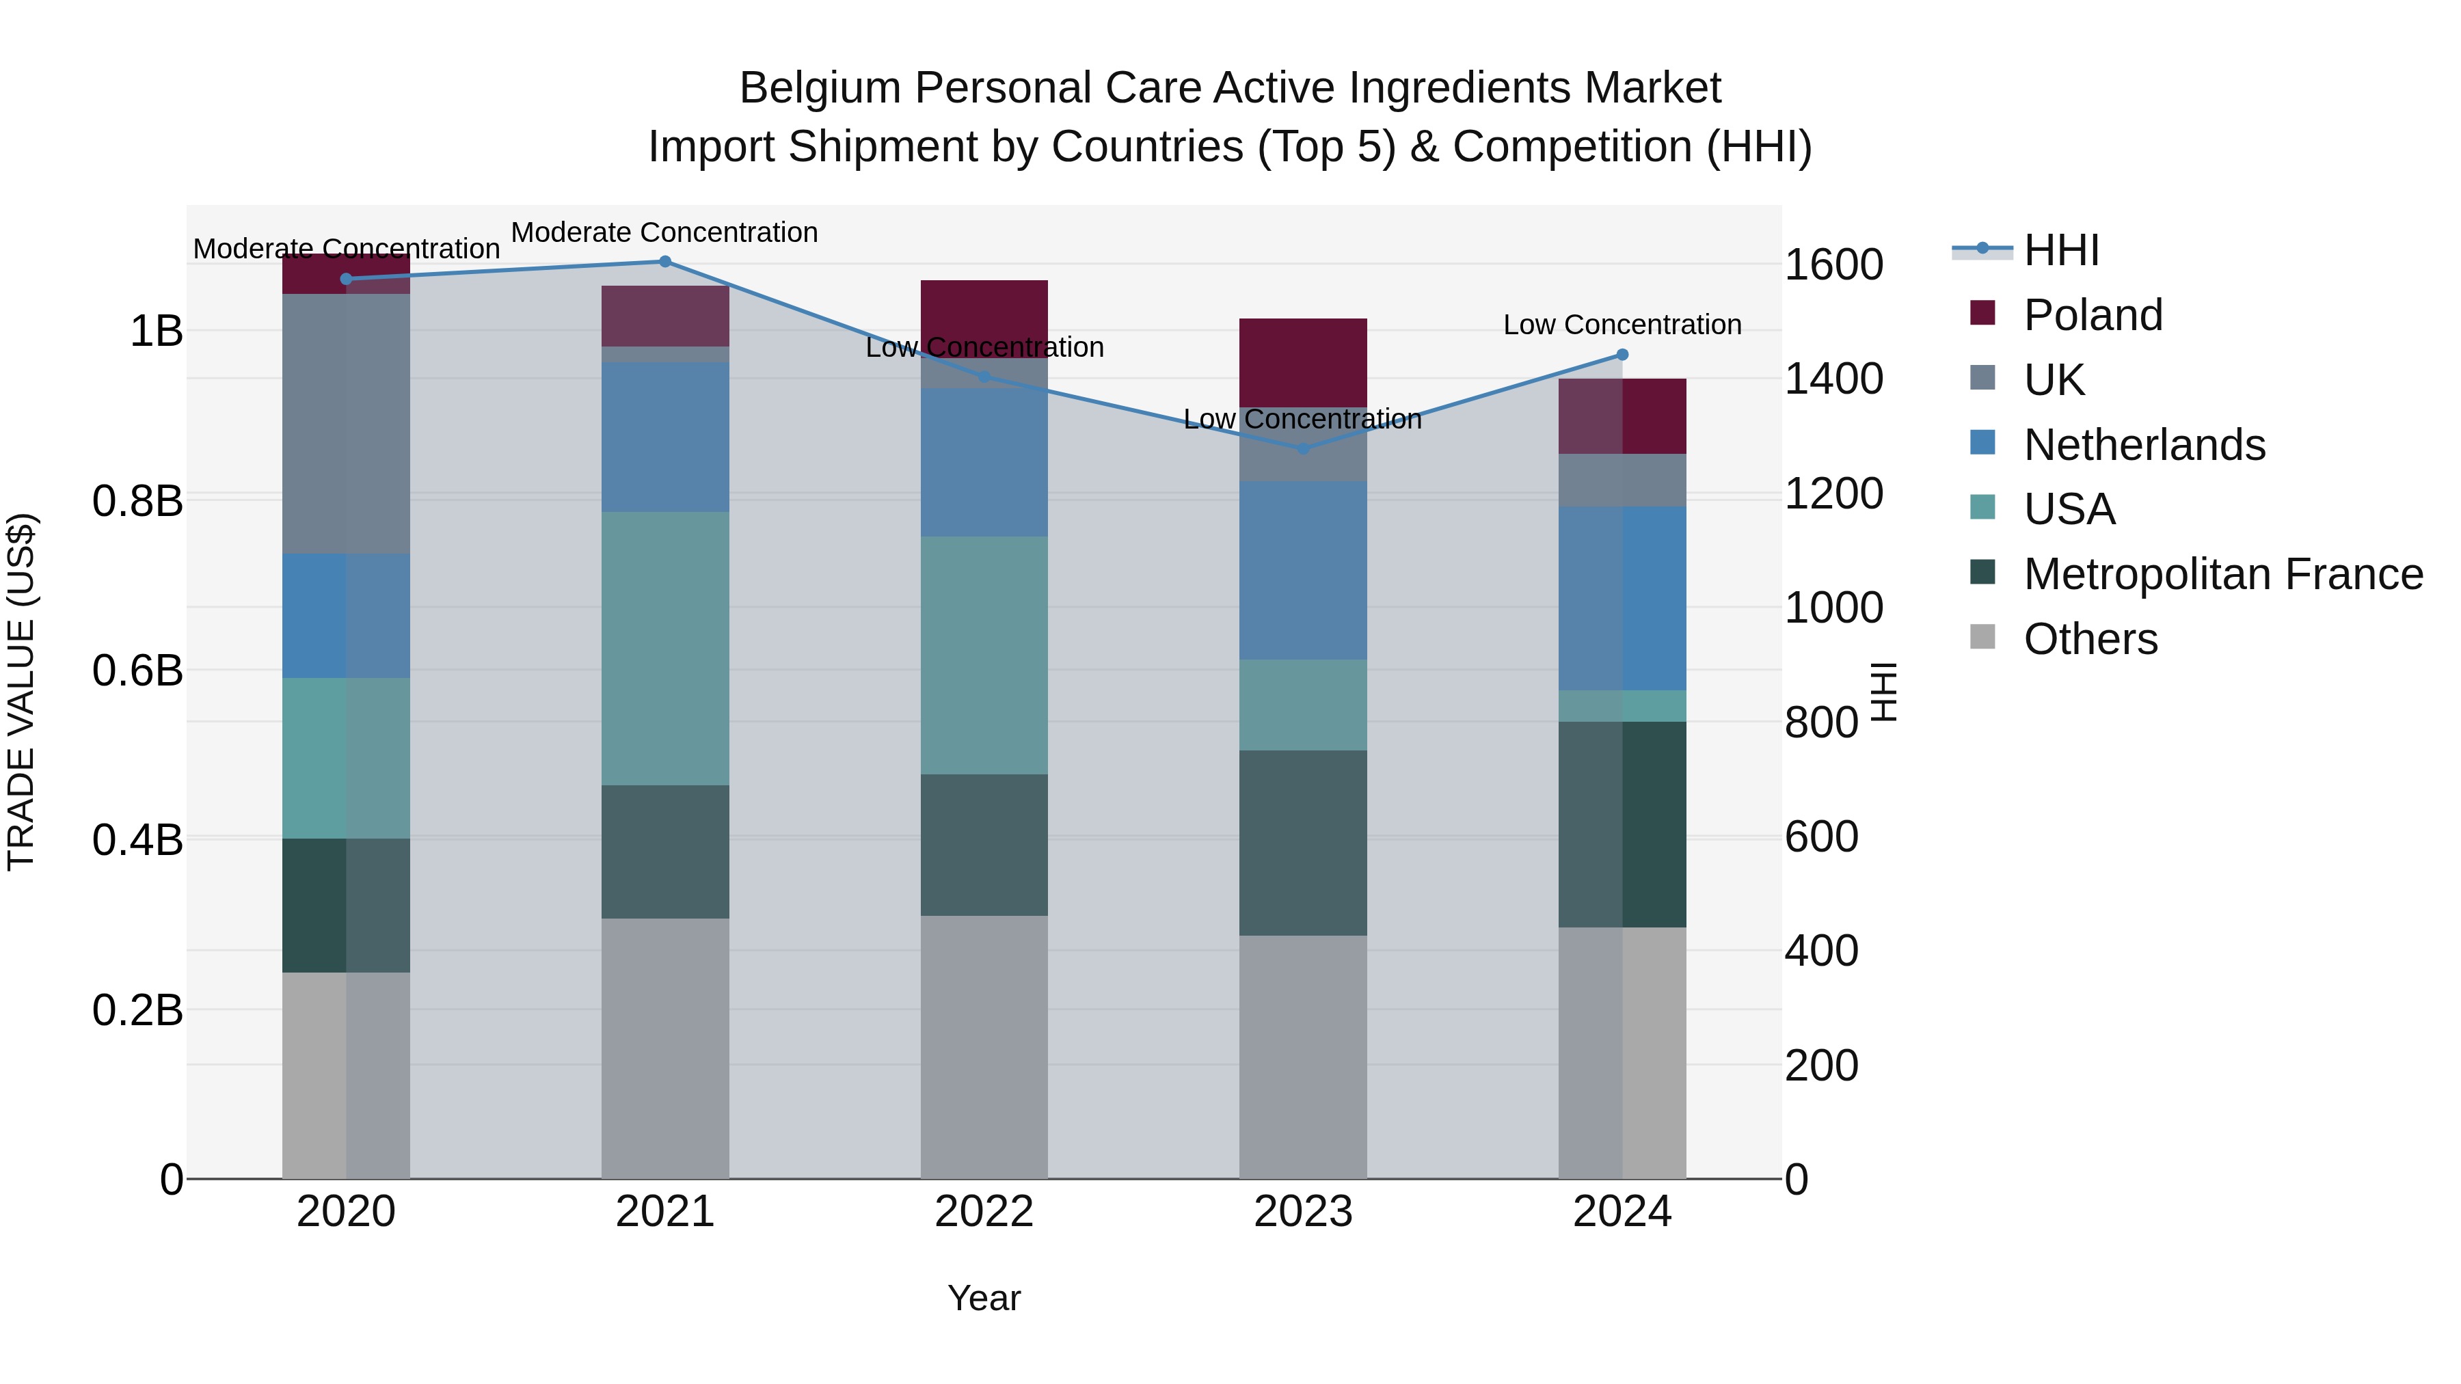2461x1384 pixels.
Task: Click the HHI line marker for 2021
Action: click(665, 262)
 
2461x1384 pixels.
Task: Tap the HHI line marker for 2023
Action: click(1303, 448)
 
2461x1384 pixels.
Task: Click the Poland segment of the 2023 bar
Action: click(1303, 362)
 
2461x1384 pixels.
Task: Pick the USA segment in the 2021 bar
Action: click(665, 649)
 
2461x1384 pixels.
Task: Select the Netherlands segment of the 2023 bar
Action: click(1303, 570)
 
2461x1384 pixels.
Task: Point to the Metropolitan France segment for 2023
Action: click(1303, 843)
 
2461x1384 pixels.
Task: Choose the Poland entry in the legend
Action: click(2093, 315)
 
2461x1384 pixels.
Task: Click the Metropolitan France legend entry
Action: click(2222, 574)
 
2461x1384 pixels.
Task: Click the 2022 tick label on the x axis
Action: click(984, 1211)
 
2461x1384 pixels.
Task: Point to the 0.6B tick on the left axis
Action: click(137, 670)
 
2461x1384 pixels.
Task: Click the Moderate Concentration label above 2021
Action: click(665, 232)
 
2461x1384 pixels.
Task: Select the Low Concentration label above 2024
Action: click(1622, 325)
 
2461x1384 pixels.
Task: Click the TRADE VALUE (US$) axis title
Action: click(21, 692)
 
